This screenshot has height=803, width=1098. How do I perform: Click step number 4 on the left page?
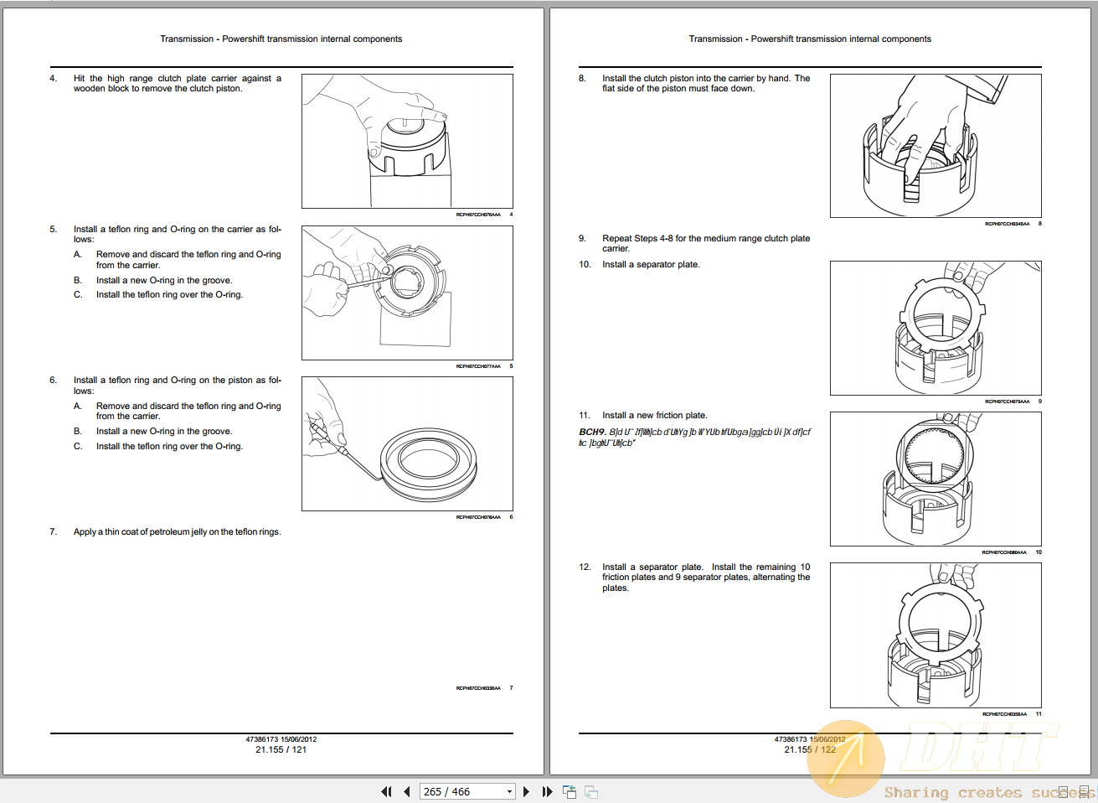tap(53, 79)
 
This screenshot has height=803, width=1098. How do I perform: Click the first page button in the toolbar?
tap(386, 791)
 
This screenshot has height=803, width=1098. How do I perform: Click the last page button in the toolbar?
tap(547, 791)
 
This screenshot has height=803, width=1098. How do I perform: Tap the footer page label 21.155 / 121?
tap(281, 749)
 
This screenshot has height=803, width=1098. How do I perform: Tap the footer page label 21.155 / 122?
tap(809, 749)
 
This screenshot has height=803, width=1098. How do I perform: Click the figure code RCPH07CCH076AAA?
tap(477, 215)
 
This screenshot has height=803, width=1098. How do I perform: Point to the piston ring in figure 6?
tap(428, 462)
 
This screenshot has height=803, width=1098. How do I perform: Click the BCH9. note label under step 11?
tap(592, 433)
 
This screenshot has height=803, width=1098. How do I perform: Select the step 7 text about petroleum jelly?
tap(177, 532)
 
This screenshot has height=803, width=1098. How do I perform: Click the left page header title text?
tap(281, 39)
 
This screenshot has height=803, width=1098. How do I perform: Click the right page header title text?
tap(809, 39)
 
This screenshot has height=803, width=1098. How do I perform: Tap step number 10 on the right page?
tap(585, 265)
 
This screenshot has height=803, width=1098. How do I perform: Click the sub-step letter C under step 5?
tap(78, 295)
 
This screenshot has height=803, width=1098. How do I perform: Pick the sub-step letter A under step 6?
tap(78, 407)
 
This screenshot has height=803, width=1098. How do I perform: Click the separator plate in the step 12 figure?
tap(938, 624)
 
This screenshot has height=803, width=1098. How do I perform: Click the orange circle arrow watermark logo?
tap(846, 759)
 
